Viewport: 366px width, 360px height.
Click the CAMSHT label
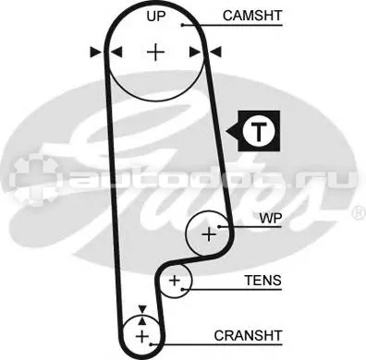252,16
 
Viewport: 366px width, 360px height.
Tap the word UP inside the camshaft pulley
156,17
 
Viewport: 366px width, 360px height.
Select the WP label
271,218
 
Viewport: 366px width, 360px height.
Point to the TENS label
262,281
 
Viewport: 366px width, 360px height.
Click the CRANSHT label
248,335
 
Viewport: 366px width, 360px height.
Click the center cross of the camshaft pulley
156,53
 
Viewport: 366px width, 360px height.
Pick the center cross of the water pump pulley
209,234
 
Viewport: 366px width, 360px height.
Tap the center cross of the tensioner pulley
175,281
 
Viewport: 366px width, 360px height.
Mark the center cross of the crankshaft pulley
142,336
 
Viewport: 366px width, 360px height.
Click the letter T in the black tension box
259,131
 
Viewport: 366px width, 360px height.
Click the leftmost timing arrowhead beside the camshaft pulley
95,52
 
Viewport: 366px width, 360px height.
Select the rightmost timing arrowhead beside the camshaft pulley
215,52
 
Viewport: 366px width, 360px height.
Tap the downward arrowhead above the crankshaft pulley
142,309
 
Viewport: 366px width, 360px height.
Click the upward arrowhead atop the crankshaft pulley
142,321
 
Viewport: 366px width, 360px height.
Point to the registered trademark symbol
359,213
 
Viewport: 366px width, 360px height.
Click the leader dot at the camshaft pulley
182,25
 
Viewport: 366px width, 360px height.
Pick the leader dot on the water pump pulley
219,227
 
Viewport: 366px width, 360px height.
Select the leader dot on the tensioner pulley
182,289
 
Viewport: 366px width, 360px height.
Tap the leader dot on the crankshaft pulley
151,344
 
